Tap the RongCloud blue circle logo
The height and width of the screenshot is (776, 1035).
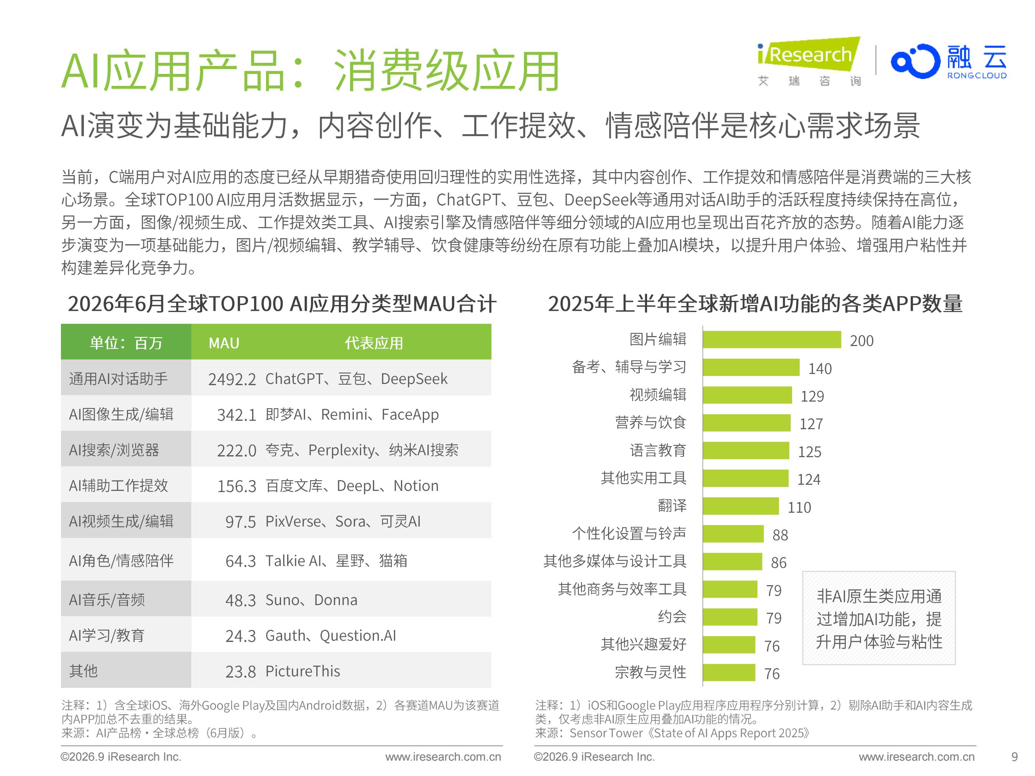pos(915,61)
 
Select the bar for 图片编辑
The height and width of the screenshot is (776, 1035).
pos(772,340)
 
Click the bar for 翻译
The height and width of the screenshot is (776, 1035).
pos(741,506)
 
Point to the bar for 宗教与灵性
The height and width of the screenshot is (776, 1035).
pos(729,673)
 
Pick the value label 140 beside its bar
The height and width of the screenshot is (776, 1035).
pos(820,369)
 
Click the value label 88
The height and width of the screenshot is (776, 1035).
pos(780,535)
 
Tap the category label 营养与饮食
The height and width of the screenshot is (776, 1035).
pos(651,422)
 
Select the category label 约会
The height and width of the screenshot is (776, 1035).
pos(672,617)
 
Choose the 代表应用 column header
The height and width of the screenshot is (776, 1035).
pos(374,343)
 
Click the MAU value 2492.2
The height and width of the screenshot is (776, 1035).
pos(232,379)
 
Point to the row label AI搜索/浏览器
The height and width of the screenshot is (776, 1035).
pos(114,450)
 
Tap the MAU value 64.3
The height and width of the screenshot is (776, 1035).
pos(240,561)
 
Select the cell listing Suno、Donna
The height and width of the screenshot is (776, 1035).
pos(311,600)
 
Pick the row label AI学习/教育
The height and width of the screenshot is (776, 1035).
pos(107,635)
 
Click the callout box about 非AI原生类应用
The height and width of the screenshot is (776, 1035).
pos(879,618)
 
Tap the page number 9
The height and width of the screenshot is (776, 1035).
pos(1014,756)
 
